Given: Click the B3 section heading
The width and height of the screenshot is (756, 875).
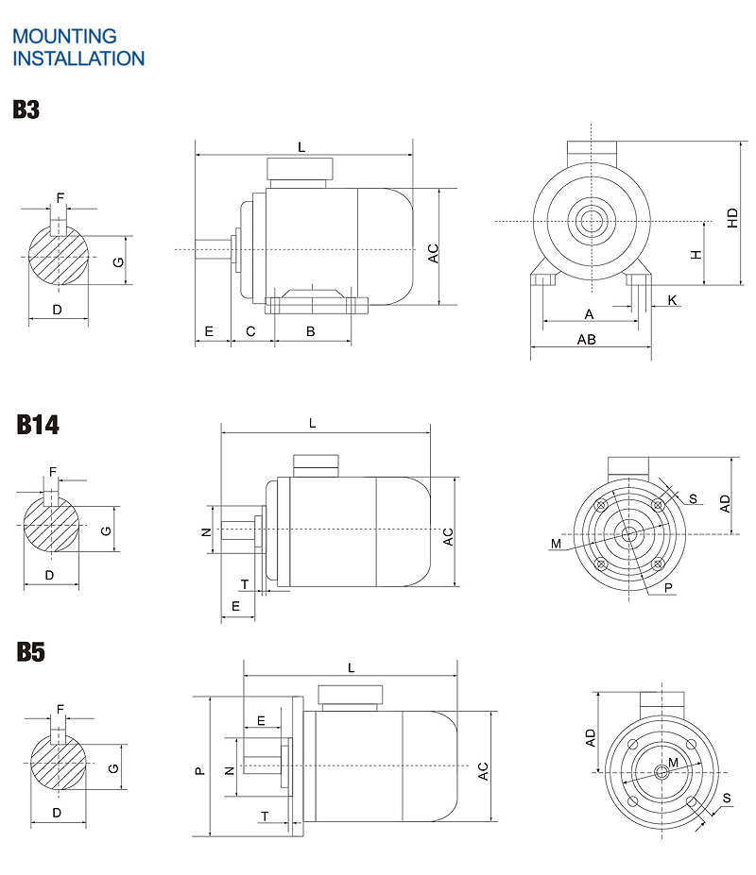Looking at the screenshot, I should [x=26, y=109].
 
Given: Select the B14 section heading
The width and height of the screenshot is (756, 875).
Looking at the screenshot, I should [x=38, y=425].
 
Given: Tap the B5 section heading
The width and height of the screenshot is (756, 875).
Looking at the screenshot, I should [x=30, y=652].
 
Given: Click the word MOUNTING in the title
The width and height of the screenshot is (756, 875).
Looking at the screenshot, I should [x=64, y=37].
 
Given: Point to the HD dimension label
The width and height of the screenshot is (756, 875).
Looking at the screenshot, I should [x=732, y=217].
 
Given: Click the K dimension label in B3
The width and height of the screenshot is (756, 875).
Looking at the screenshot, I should [x=672, y=300].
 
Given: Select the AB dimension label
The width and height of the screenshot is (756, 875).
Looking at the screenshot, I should [x=586, y=340].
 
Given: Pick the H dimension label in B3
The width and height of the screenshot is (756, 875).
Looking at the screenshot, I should [x=696, y=255].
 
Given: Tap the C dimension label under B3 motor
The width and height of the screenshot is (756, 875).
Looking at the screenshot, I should [x=250, y=330].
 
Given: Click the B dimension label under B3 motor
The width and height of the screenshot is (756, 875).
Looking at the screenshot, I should [x=310, y=330].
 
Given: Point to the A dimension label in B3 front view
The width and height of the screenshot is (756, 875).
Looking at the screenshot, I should [x=589, y=313].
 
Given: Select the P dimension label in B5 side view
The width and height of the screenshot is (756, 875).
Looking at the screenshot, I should [x=198, y=770].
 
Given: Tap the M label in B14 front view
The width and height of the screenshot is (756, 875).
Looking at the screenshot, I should [x=556, y=544].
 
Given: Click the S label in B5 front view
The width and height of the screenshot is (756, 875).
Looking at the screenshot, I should [x=726, y=799].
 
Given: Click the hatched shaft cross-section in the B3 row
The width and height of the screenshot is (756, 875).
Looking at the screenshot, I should [x=59, y=257].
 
